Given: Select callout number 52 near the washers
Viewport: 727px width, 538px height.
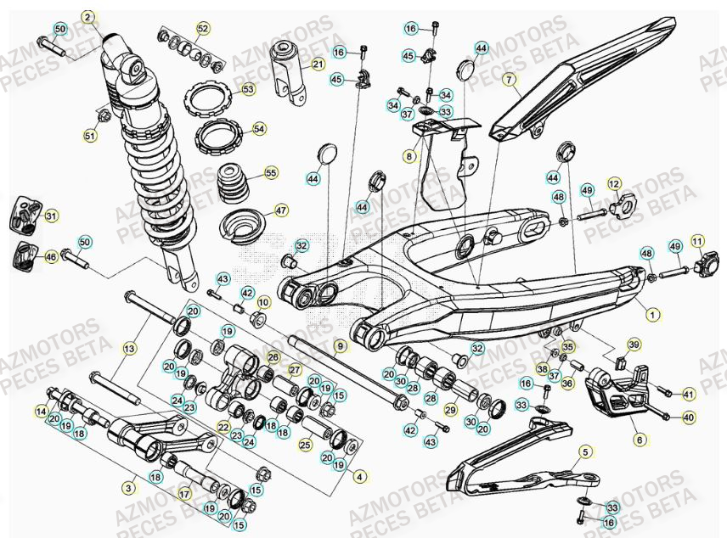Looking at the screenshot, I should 202,29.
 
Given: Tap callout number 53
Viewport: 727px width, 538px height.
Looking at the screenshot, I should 248,88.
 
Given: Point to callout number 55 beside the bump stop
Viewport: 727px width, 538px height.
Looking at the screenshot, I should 271,172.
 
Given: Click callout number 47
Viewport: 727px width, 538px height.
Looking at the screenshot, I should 282,210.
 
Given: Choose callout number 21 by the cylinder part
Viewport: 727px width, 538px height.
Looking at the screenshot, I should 318,64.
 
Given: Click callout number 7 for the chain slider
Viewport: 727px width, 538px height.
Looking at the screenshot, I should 510,81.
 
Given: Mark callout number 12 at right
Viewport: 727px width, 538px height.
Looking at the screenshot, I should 614,183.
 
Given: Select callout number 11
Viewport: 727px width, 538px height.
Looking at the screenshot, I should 698,242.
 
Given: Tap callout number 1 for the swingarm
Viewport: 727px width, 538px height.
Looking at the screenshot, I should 652,314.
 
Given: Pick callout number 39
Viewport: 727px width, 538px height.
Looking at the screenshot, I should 633,344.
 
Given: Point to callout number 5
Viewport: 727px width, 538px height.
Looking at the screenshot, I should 585,453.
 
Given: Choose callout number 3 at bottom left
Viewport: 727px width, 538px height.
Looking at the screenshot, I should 129,488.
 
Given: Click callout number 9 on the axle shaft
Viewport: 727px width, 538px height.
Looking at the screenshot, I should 340,345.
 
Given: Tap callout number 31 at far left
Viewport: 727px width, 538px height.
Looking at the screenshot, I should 51,216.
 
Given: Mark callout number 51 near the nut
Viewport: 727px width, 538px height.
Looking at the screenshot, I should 90,135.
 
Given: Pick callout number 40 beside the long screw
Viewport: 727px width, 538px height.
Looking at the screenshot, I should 688,417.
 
